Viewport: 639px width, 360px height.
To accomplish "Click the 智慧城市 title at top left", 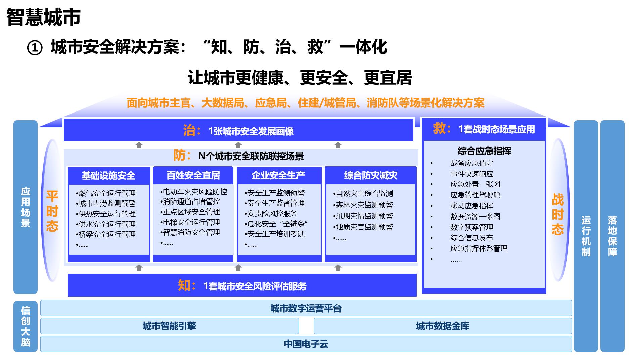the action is click(43, 17).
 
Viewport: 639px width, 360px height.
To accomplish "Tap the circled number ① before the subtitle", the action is click(35, 48).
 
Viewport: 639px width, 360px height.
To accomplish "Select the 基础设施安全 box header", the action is click(108, 175).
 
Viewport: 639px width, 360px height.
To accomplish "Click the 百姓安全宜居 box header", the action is click(193, 175).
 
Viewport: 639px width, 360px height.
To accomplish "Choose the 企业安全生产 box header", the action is click(278, 175).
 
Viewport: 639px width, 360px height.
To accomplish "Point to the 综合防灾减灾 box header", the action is click(370, 175).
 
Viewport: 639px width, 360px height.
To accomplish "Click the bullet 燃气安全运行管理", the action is click(106, 193).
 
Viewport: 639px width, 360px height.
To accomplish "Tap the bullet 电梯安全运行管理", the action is click(190, 222).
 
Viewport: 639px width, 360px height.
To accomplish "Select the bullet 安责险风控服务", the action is click(271, 213).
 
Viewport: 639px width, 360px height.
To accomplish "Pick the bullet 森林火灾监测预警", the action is click(363, 205).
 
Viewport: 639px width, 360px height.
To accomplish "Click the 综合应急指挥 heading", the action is click(484, 151).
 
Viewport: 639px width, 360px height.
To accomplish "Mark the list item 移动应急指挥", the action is click(472, 206).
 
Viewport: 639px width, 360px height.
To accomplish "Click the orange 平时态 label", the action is click(52, 211).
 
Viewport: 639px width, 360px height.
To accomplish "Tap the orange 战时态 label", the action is click(557, 214).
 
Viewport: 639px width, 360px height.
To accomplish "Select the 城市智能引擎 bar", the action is click(169, 326).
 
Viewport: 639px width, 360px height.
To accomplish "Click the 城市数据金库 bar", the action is click(443, 326).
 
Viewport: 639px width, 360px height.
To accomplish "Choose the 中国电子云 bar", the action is click(306, 344).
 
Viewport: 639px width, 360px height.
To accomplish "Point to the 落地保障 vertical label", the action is click(612, 236).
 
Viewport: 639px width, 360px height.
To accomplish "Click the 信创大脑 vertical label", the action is click(26, 326).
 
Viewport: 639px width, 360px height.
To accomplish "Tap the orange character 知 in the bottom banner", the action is click(184, 285).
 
